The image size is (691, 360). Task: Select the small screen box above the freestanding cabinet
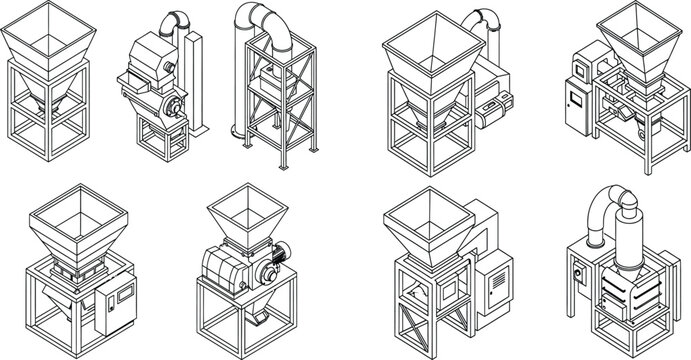pyautogui.click(x=583, y=66)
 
